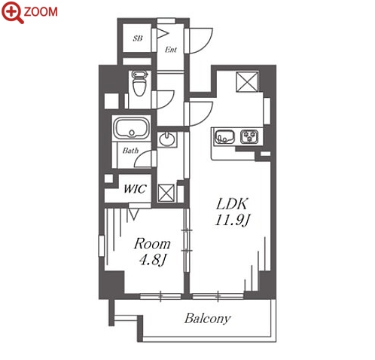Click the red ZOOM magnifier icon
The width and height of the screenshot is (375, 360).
coord(13,12)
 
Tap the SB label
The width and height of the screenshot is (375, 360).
coord(138,38)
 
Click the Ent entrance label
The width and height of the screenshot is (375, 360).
coord(171,50)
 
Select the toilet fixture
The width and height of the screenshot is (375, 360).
coord(139,83)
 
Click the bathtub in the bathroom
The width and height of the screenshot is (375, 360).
coord(131,128)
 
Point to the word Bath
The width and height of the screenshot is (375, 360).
coord(130,151)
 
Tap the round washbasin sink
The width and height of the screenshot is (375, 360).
coord(167,139)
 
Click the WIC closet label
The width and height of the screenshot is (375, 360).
coord(135,189)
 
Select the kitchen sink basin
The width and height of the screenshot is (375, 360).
coord(224,136)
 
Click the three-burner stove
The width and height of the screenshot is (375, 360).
coord(249,136)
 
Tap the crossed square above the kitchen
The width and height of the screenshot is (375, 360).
coord(248,81)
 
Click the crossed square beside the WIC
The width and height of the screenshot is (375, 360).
coord(166,193)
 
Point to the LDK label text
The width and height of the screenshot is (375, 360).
coord(232,204)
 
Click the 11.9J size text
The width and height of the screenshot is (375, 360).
coord(232,221)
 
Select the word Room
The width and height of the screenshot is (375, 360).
coord(152,244)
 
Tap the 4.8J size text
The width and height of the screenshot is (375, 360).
coord(152,260)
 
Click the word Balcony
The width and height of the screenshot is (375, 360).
coord(208,319)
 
